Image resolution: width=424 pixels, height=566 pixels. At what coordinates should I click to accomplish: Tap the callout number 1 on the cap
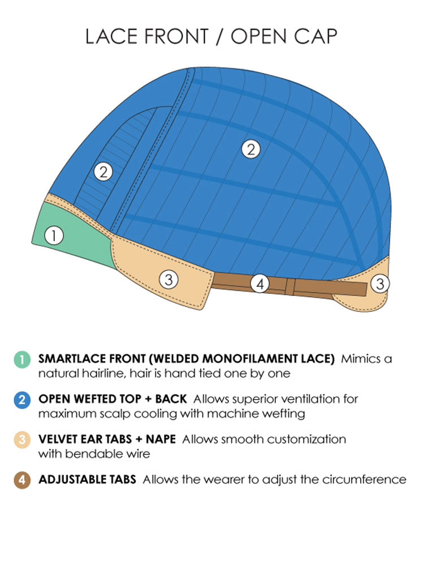tap(54, 235)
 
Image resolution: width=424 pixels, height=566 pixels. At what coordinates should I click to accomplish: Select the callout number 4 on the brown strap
tap(259, 284)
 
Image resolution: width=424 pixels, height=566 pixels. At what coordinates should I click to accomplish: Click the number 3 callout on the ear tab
tap(168, 278)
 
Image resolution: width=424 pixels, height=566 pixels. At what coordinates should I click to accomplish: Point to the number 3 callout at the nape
tap(380, 284)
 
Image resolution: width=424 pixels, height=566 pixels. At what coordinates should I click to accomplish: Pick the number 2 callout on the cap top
tap(250, 149)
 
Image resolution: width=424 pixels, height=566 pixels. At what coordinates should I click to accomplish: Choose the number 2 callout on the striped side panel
tap(102, 171)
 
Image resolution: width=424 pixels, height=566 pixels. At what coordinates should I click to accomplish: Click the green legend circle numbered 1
tap(21, 359)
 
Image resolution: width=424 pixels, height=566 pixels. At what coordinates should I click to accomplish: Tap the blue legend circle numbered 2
tap(21, 400)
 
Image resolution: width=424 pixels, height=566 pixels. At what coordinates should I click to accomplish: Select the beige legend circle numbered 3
tap(21, 440)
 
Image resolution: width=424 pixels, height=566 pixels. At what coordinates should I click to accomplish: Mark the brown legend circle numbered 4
tap(21, 480)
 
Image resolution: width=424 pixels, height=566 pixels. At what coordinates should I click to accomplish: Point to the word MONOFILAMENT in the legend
tap(232, 359)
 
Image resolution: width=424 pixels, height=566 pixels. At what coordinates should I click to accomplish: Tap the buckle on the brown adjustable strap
tap(289, 287)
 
